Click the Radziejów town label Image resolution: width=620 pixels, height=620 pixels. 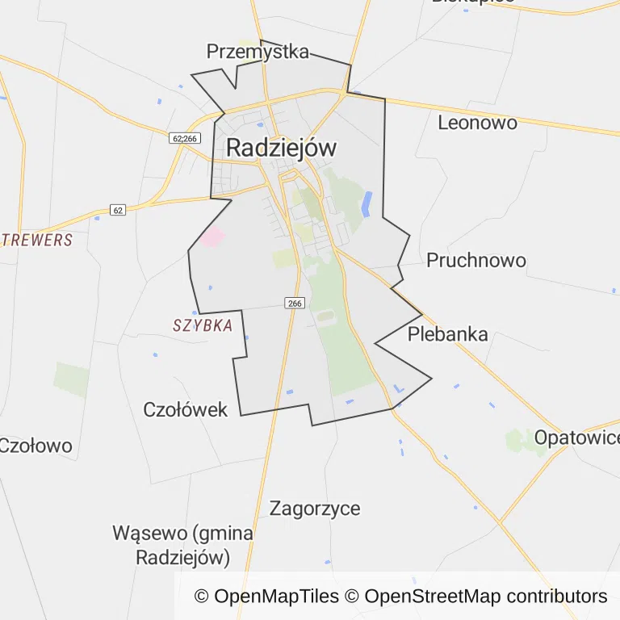tap(281, 148)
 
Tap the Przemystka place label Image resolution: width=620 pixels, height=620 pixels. tap(258, 52)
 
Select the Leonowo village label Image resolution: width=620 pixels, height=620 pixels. tap(477, 123)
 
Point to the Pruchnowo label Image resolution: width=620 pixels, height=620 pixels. tap(475, 260)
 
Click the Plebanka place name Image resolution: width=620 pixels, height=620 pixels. tap(447, 334)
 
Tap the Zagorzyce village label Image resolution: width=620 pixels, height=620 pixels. tap(315, 509)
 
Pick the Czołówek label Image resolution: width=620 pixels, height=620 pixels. tap(186, 409)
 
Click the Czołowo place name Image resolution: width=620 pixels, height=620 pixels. tap(36, 446)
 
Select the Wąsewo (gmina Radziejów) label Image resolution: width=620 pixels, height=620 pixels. tap(183, 545)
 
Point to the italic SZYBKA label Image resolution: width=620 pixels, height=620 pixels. tap(203, 325)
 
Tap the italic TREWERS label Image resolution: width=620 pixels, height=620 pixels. tap(37, 240)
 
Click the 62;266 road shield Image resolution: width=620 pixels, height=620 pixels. tap(185, 139)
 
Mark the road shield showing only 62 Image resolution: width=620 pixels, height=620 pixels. tap(118, 210)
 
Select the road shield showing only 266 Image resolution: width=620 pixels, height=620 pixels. tap(295, 303)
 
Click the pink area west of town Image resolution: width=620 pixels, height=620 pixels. tap(213, 237)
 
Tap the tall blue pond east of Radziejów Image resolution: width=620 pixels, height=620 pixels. tap(367, 203)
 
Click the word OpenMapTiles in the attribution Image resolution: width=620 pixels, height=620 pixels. tap(276, 597)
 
